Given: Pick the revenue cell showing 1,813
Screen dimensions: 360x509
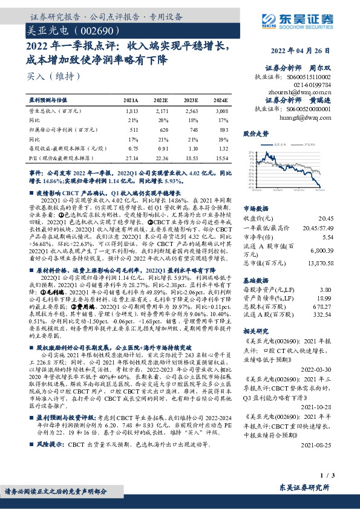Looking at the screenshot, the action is [132, 112].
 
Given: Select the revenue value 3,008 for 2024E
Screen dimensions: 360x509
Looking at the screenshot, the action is [221, 112].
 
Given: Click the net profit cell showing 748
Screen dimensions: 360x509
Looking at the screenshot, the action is [192, 129].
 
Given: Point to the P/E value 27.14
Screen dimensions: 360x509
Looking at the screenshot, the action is [131, 157].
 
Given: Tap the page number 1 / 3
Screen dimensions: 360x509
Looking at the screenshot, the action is [327, 478].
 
